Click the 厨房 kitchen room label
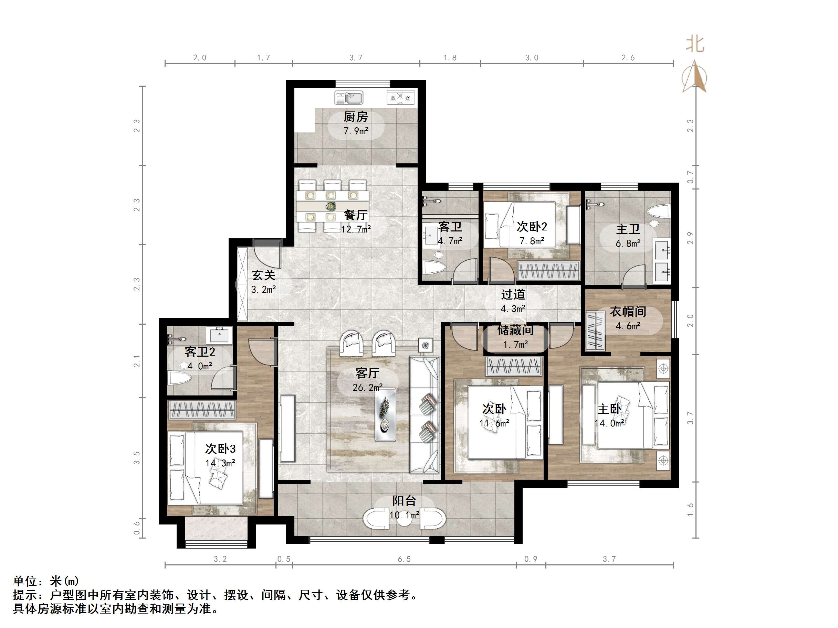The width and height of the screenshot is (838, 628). pos(355,117)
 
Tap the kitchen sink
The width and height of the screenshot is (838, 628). pos(348,97)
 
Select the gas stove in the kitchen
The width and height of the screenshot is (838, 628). pos(400,97)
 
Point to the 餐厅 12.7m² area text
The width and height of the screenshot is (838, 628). pos(355,229)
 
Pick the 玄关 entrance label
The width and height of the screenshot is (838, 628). pos(263,275)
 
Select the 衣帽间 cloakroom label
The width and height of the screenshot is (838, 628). pos(628,312)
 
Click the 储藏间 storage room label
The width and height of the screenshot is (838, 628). pos(515,330)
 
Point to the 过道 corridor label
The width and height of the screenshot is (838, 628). pos(513,294)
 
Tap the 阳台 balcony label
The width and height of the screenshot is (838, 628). pos(404,501)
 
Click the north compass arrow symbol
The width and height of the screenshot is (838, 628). pos(694,77)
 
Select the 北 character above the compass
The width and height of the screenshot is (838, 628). pos(695,44)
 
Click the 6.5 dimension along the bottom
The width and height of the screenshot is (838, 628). pos(404,559)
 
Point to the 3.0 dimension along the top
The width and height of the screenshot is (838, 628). pos(532,57)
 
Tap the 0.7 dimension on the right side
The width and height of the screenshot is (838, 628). pos(690,177)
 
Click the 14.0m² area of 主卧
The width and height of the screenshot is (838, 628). pos(609,423)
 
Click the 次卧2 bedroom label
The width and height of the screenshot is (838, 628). pos(532,227)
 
